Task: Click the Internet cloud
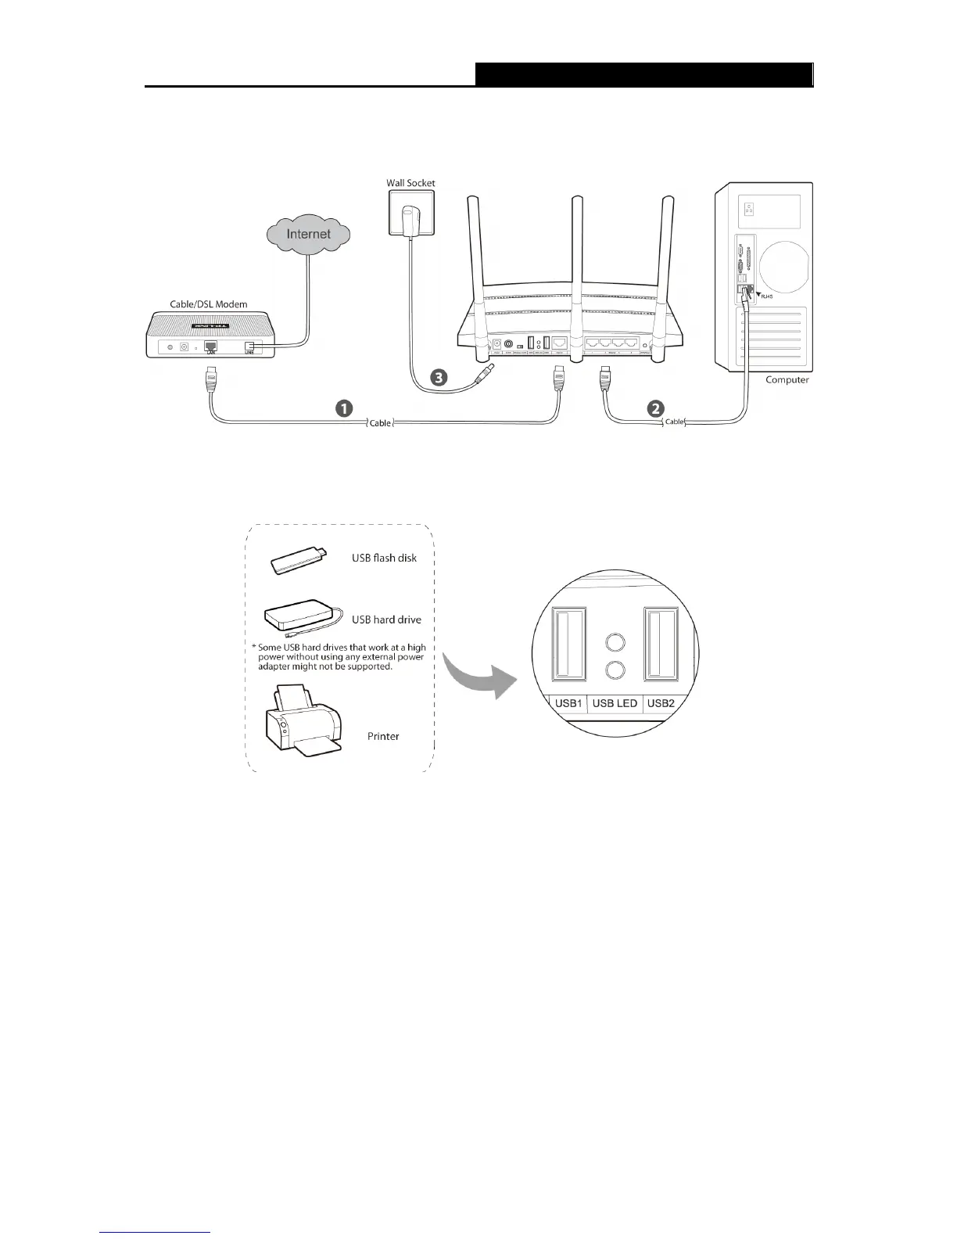[308, 234]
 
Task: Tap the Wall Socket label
[410, 183]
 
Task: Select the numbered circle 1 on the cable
[343, 408]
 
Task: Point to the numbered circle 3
[440, 377]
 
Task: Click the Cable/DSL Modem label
[209, 304]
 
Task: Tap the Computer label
[787, 380]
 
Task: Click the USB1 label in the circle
[568, 703]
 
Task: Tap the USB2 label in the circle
[661, 703]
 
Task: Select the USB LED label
[615, 703]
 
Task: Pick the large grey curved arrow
[478, 673]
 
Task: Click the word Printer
[383, 736]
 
